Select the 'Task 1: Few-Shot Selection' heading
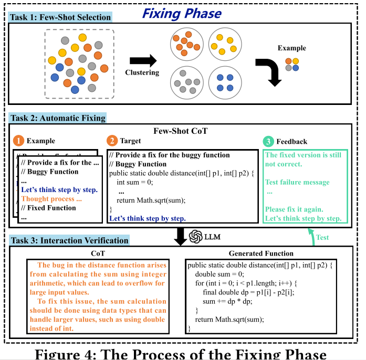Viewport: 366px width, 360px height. pos(60,17)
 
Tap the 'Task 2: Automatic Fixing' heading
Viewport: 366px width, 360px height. pos(58,118)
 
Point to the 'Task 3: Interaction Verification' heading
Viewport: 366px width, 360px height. pos(69,240)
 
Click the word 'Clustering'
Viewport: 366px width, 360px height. pos(142,72)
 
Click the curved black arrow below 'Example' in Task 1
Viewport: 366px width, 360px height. pos(269,70)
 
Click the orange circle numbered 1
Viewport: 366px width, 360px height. pos(18,141)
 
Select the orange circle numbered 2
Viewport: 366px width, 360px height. pos(112,141)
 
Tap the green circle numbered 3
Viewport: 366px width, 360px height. pos(268,141)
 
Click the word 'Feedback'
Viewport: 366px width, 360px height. pos(292,142)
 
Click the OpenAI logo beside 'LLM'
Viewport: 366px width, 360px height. pos(196,236)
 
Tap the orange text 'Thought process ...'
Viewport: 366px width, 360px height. pos(51,199)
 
